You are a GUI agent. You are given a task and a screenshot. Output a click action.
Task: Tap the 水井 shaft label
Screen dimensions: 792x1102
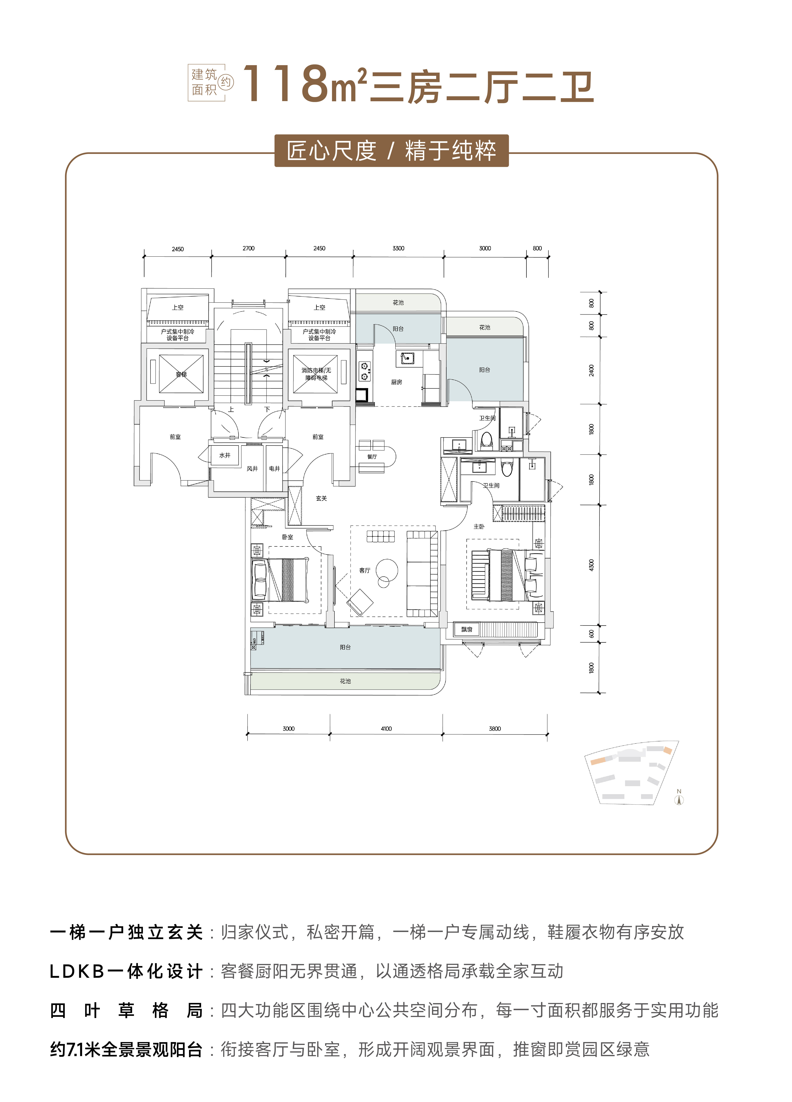pyautogui.click(x=225, y=455)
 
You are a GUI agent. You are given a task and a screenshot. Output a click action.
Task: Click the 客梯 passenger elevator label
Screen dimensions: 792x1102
pyautogui.click(x=181, y=374)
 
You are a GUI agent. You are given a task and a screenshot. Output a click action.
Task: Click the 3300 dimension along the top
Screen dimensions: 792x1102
pyautogui.click(x=398, y=248)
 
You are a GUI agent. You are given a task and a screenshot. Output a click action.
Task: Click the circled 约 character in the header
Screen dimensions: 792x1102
pyautogui.click(x=226, y=82)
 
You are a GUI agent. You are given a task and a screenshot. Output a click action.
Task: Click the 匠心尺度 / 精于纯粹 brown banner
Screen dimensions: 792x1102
pyautogui.click(x=391, y=151)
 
